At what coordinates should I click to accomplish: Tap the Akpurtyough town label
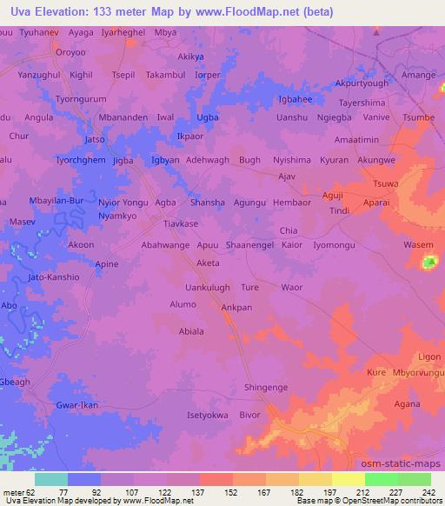point(363,84)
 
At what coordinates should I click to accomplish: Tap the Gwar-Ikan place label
point(77,406)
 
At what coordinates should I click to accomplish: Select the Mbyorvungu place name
point(419,372)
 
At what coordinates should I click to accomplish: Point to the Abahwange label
point(165,245)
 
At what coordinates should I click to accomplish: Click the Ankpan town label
point(236,307)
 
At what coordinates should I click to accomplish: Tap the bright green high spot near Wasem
point(428,262)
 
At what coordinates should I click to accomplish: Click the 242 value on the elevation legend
point(427,492)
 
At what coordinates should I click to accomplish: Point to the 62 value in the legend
point(32,492)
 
